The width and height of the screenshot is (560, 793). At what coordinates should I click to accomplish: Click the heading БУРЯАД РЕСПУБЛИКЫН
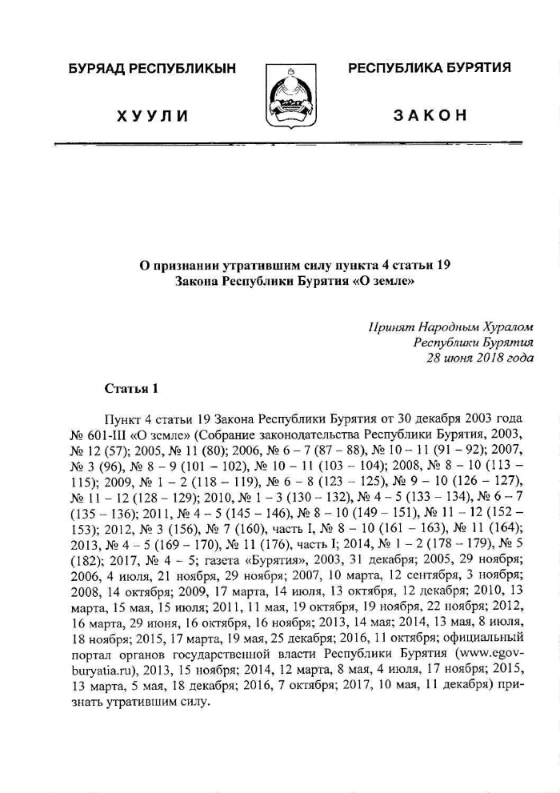click(153, 69)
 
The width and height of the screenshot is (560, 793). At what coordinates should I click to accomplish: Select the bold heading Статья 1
click(132, 389)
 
